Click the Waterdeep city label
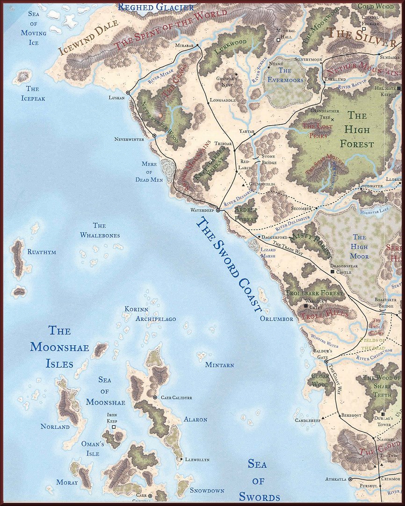pos(202,210)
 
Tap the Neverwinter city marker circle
pos(154,136)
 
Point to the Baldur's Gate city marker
pos(326,361)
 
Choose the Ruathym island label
pos(42,252)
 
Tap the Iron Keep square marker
pos(113,427)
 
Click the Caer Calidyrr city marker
pos(155,397)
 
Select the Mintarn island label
pos(219,365)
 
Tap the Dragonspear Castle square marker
pos(333,271)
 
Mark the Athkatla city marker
pos(350,479)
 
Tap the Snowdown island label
pos(207,491)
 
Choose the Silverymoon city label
pos(308,60)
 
